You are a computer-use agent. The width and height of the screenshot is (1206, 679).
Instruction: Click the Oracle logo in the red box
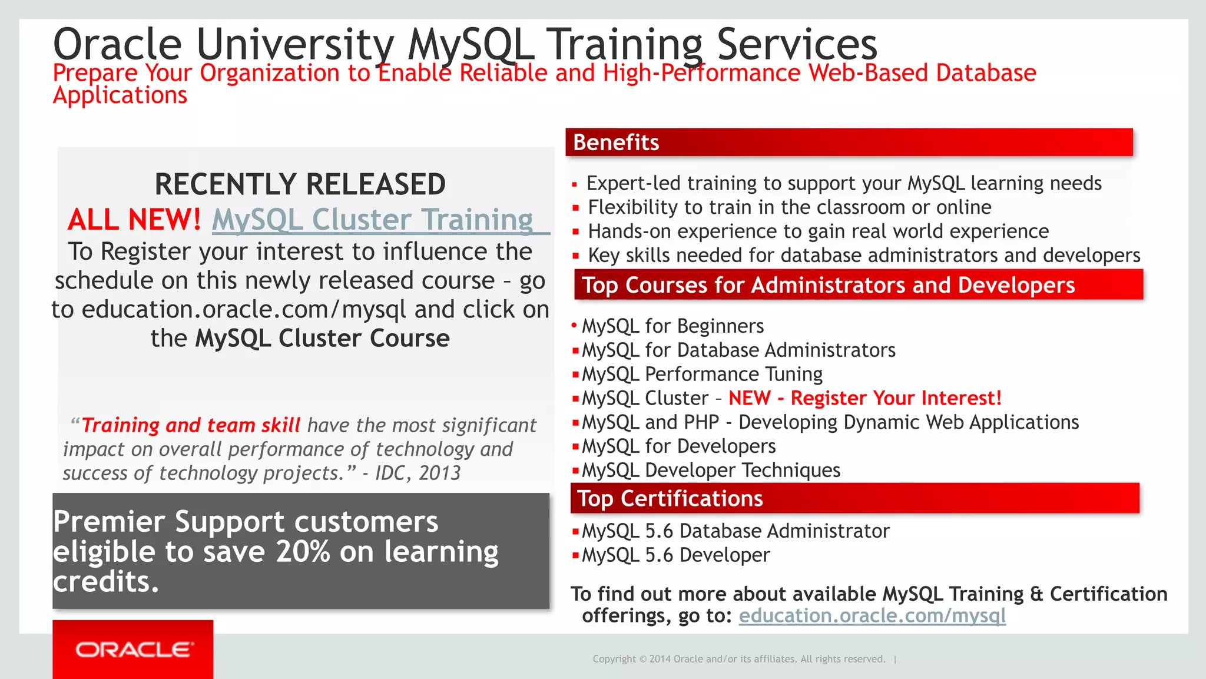click(x=134, y=650)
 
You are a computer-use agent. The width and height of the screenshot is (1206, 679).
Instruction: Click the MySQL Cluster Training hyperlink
click(x=372, y=220)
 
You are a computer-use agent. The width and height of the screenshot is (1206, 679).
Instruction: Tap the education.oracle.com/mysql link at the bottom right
click(x=872, y=615)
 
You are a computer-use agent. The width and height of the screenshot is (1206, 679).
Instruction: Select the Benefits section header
click(x=615, y=143)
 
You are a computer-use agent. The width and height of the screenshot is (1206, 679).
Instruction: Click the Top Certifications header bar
click(x=670, y=499)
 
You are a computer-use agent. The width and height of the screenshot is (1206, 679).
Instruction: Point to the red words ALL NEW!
click(x=134, y=220)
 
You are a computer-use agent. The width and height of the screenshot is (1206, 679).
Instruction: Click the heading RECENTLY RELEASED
click(x=300, y=184)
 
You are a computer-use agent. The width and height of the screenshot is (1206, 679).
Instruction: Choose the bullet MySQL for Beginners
click(x=672, y=326)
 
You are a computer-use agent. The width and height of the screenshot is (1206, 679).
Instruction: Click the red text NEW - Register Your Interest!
click(x=864, y=399)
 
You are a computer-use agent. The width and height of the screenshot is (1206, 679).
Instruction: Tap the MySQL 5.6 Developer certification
click(x=675, y=555)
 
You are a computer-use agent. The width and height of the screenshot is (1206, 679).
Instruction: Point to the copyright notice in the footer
click(x=738, y=659)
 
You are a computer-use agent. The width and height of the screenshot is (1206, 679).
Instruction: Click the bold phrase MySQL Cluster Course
click(x=322, y=339)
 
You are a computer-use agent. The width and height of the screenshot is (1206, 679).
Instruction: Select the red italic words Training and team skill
click(x=191, y=425)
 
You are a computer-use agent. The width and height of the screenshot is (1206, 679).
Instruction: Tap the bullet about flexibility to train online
click(x=789, y=207)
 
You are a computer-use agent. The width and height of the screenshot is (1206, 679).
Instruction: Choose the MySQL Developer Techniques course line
click(x=710, y=471)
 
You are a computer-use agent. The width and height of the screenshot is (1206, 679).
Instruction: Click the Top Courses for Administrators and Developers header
click(x=827, y=286)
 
